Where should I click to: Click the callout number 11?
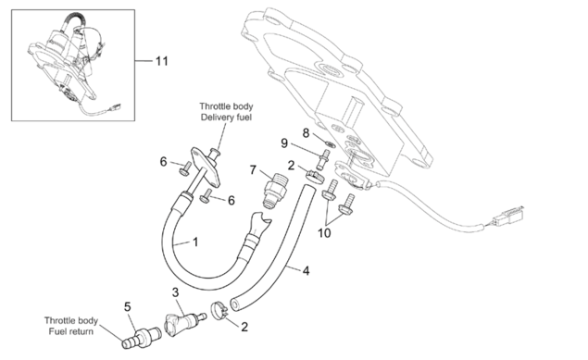[x=162, y=61]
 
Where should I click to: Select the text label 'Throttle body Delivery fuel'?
[x=226, y=112]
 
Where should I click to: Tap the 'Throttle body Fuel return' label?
[x=71, y=326]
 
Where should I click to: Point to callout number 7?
[x=253, y=170]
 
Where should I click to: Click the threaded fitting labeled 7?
[x=275, y=191]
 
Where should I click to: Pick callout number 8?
[x=306, y=133]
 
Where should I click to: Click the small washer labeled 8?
[x=331, y=143]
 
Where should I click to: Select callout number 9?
[x=284, y=143]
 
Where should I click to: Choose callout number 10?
[x=324, y=233]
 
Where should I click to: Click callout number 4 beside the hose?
[x=306, y=270]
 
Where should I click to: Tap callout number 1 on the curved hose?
[x=195, y=242]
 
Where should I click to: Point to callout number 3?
[x=176, y=292]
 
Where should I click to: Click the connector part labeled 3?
[x=184, y=323]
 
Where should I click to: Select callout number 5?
[x=128, y=307]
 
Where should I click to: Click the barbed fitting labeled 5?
[x=142, y=337]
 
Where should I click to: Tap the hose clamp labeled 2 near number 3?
[x=219, y=311]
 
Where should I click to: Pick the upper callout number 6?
[x=163, y=162]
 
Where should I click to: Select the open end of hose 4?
[x=235, y=304]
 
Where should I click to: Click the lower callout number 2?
[x=244, y=327]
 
